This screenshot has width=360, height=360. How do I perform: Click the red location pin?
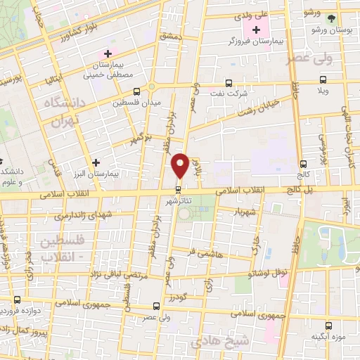[181, 165]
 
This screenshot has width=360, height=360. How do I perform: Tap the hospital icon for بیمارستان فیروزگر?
[255, 30]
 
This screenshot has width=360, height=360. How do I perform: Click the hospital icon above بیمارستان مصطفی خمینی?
[108, 53]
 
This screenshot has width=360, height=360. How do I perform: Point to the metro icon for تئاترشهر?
[179, 189]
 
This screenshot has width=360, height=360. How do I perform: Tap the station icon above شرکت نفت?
[228, 82]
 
